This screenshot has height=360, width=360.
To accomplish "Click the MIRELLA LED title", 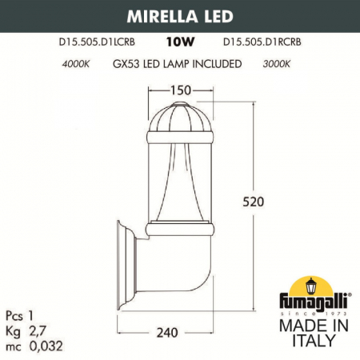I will tap(180, 14).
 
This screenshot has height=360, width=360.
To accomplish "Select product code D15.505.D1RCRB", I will tap(266, 41).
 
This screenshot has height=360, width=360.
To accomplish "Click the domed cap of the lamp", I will tap(181, 115).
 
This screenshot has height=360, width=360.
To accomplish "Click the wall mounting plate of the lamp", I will tap(124, 265).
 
